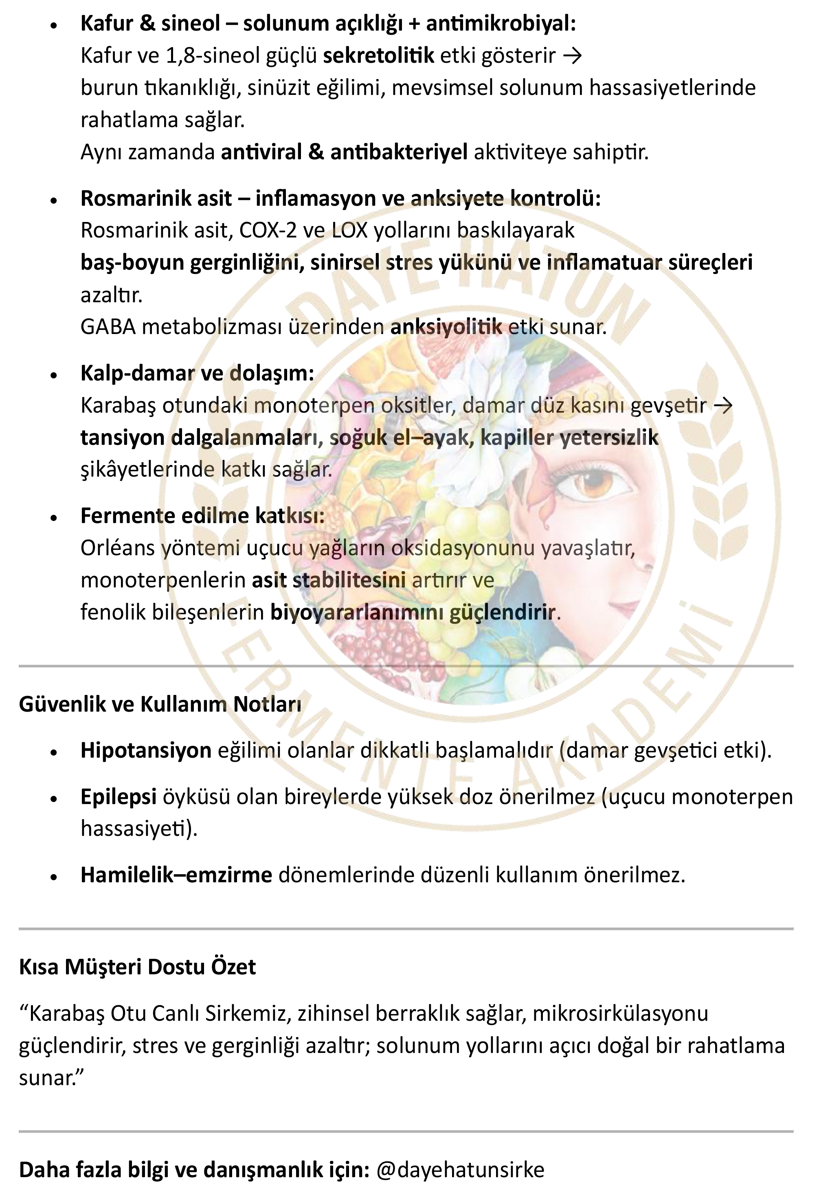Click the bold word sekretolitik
(378, 55)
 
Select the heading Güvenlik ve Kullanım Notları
(160, 704)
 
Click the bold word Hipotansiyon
(146, 750)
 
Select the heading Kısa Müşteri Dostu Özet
(138, 967)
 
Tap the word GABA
(108, 327)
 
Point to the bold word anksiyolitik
(446, 327)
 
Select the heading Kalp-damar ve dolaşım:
(197, 373)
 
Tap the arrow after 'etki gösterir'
(572, 55)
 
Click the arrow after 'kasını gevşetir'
(723, 405)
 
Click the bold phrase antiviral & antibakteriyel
(344, 152)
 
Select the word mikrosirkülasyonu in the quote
(620, 1013)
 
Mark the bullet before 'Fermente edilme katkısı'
(53, 518)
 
